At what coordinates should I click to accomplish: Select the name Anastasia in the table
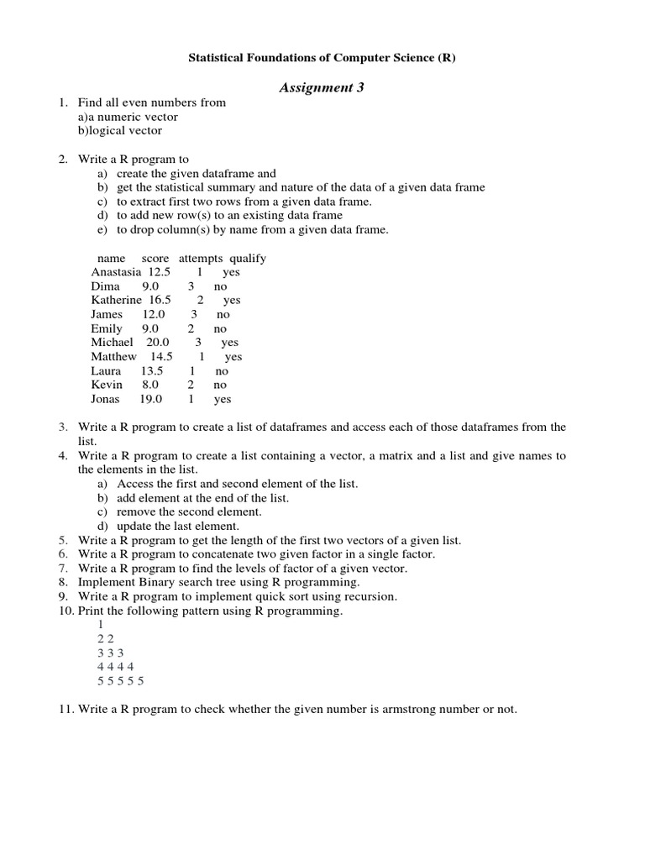[x=116, y=272]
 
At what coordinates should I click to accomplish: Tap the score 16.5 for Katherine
[x=160, y=300]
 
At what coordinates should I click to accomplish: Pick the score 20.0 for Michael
[x=157, y=343]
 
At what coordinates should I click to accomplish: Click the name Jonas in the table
[x=106, y=400]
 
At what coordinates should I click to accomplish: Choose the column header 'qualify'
[x=248, y=259]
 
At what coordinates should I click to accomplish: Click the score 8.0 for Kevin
[x=150, y=385]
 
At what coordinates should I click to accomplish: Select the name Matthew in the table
[x=113, y=357]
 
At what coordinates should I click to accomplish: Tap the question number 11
[x=66, y=710]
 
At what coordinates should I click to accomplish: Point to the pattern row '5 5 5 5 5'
[x=120, y=682]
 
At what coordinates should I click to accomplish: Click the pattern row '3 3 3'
[x=109, y=653]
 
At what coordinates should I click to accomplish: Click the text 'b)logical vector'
[x=120, y=131]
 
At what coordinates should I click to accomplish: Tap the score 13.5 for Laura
[x=152, y=371]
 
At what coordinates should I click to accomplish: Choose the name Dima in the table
[x=106, y=286]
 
